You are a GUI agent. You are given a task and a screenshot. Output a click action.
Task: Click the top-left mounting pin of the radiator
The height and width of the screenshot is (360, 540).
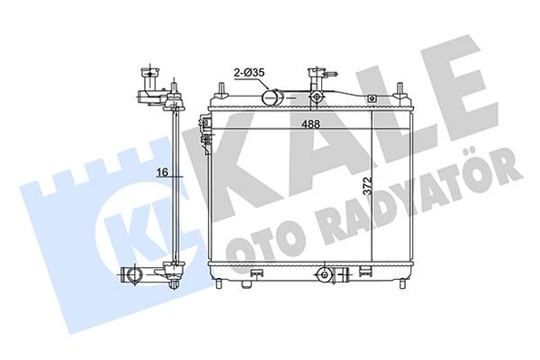220,88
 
